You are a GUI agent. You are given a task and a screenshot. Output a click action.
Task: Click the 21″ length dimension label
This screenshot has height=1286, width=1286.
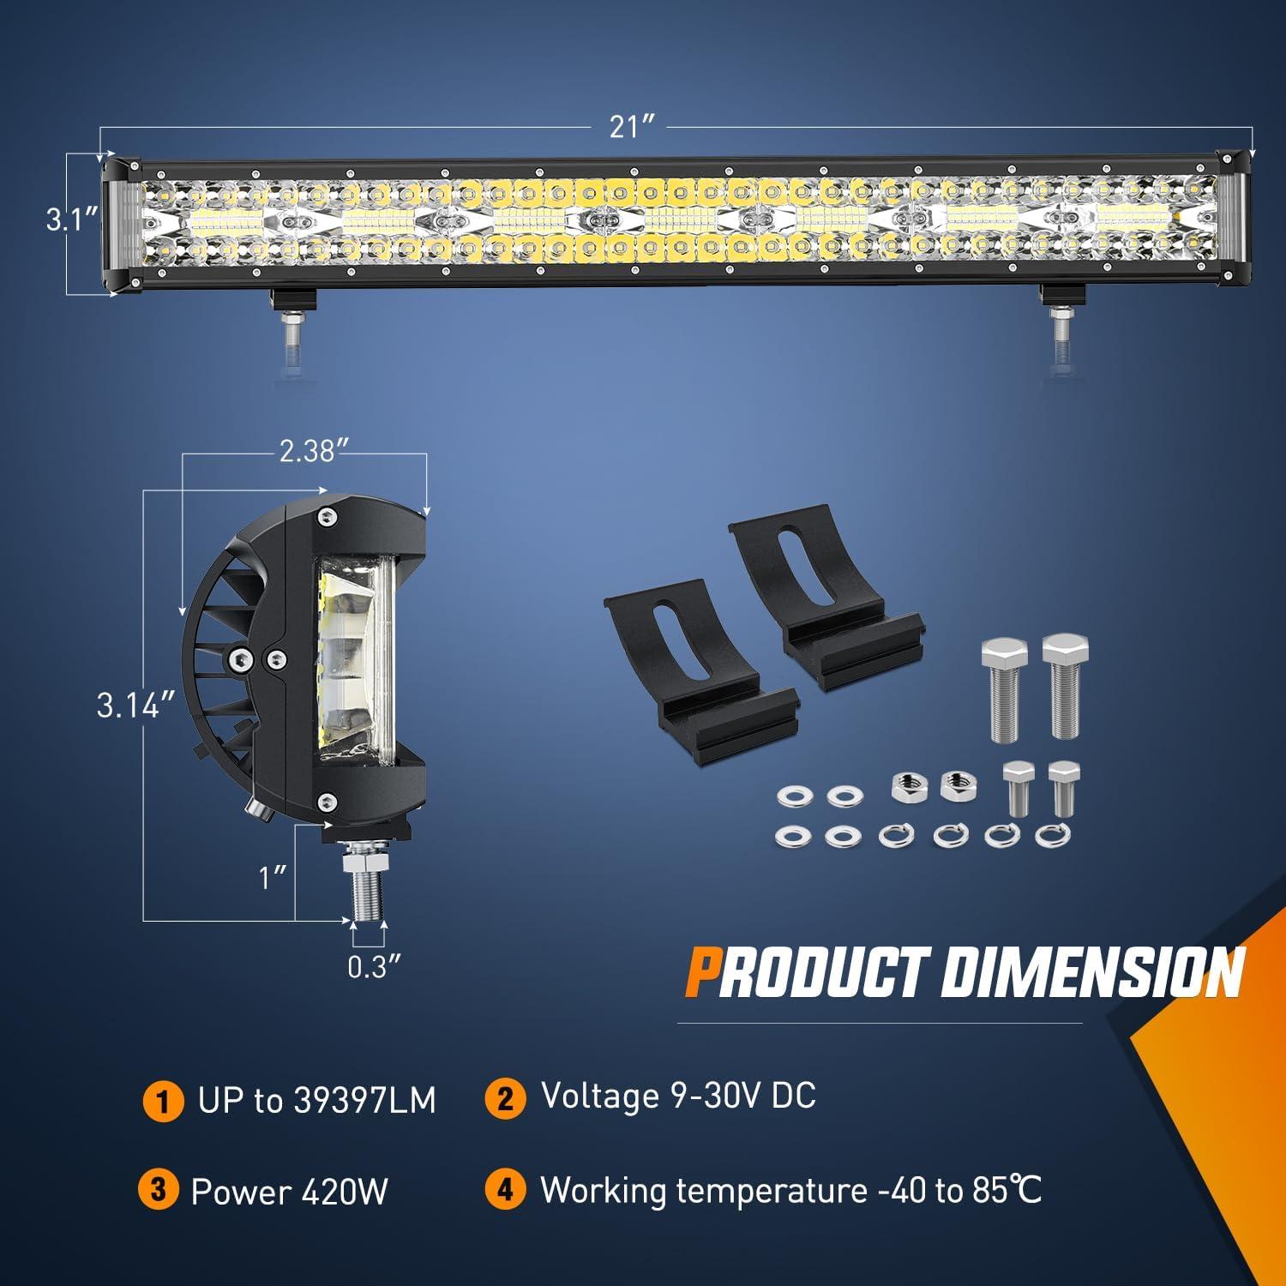pos(633,127)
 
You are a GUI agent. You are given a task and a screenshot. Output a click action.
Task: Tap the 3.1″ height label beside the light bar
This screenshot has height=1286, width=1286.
pos(72,220)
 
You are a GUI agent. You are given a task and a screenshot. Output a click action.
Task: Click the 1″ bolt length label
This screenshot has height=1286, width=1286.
pos(273,877)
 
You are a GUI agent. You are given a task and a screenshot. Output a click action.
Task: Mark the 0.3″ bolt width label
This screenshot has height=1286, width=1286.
pos(374,967)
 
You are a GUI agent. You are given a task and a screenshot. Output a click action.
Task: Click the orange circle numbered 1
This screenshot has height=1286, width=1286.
pos(163,1101)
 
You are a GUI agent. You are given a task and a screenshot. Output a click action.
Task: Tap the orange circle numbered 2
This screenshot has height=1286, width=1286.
pos(506,1098)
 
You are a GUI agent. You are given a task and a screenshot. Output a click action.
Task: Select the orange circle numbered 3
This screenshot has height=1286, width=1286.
pos(159,1191)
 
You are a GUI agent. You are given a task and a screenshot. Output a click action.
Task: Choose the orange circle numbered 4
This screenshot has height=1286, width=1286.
pos(506,1191)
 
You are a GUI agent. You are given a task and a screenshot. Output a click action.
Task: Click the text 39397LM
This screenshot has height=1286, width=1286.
pos(364,1101)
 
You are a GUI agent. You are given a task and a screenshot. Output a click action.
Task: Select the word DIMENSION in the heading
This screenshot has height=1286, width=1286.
pos(1091,972)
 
